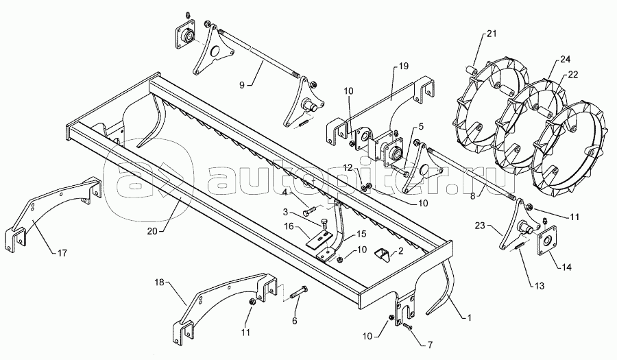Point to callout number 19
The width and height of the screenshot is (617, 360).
pyautogui.click(x=402, y=66)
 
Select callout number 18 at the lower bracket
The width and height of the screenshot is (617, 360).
pyautogui.click(x=159, y=281)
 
